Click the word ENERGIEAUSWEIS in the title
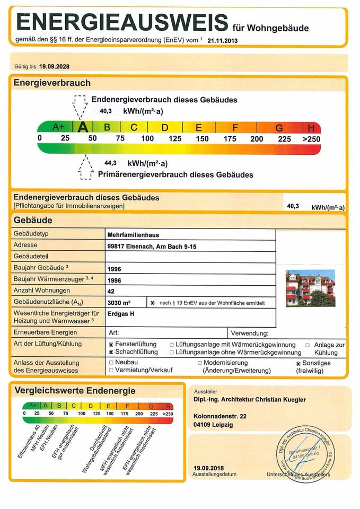pyautogui.click(x=123, y=22)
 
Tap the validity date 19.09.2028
pyautogui.click(x=55, y=67)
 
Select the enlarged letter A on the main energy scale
pyautogui.click(x=82, y=127)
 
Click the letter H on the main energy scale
pyautogui.click(x=312, y=128)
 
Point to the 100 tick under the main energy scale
pyautogui.click(x=147, y=139)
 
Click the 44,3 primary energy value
pyautogui.click(x=110, y=163)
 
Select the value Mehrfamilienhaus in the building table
pyautogui.click(x=133, y=234)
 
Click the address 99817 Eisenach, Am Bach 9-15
pyautogui.click(x=152, y=246)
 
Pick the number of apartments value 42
pyautogui.click(x=111, y=291)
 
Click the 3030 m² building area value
pyautogui.click(x=119, y=303)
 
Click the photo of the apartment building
pyautogui.click(x=310, y=288)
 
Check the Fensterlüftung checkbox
pyautogui.click(x=111, y=345)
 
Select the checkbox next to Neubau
pyautogui.click(x=111, y=363)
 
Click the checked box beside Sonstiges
pyautogui.click(x=298, y=363)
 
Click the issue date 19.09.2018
pyautogui.click(x=209, y=468)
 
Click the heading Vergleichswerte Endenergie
pyautogui.click(x=75, y=391)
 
